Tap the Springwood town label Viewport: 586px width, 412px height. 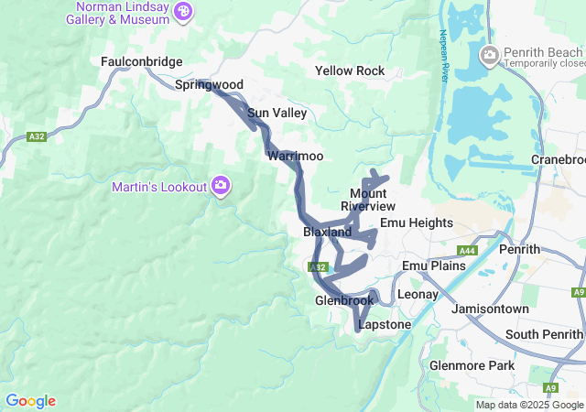click(209, 85)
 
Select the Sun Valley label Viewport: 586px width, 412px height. click(277, 113)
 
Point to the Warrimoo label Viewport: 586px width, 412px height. click(295, 157)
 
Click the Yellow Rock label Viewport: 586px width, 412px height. click(350, 70)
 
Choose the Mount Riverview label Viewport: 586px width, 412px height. click(368, 200)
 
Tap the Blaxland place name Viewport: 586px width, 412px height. click(327, 233)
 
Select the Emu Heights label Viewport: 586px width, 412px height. click(417, 222)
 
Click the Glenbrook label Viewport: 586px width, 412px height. click(344, 300)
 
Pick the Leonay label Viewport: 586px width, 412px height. click(418, 295)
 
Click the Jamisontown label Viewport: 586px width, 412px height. click(491, 309)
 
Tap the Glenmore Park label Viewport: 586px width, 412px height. click(472, 366)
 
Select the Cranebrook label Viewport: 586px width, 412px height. click(558, 159)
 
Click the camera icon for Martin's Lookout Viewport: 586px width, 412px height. click(221, 187)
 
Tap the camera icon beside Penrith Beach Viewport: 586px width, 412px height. click(489, 57)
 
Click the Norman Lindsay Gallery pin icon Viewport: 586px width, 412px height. click(184, 12)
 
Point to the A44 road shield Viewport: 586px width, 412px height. click(467, 250)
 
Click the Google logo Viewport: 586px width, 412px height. click(30, 401)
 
